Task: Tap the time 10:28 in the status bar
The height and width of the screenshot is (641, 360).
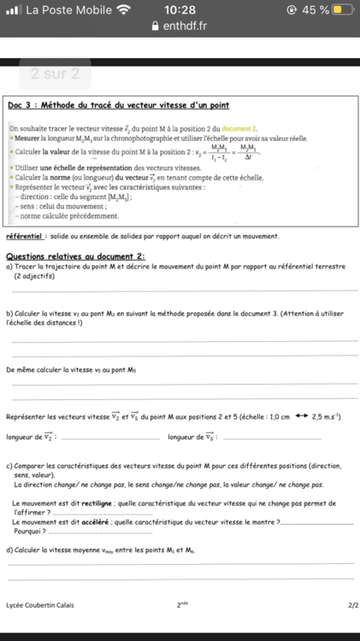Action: (x=180, y=9)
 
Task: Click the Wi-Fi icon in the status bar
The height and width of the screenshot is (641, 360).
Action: (x=125, y=9)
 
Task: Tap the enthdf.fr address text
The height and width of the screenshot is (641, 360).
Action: (x=186, y=26)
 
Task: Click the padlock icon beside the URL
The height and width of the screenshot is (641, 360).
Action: (x=155, y=26)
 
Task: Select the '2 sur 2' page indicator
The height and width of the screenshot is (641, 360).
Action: (x=55, y=74)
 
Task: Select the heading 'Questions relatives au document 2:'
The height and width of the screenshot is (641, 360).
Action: (x=75, y=256)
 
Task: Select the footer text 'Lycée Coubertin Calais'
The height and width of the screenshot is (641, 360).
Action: (x=39, y=604)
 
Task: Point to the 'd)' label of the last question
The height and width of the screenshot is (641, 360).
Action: (x=9, y=551)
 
